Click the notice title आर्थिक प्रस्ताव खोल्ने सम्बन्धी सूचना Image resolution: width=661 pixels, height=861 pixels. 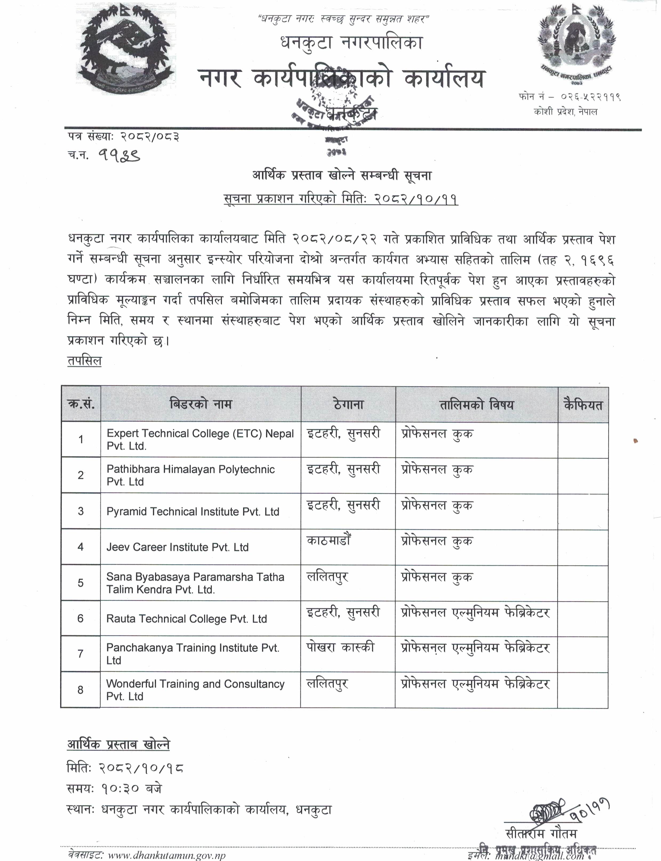coord(342,175)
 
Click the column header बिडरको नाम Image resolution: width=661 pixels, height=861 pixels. coord(201,404)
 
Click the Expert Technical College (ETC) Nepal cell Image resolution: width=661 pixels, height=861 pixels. coord(200,439)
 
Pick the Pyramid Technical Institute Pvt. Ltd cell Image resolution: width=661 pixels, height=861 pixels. coord(193,512)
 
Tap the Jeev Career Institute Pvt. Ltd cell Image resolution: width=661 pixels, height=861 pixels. coord(177,547)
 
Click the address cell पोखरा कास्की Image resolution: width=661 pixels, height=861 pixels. coord(340,647)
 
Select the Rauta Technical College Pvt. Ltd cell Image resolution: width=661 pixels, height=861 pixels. coord(186,619)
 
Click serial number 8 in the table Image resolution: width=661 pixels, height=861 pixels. coord(81,690)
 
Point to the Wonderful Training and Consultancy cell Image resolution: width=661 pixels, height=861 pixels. coord(195,690)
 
